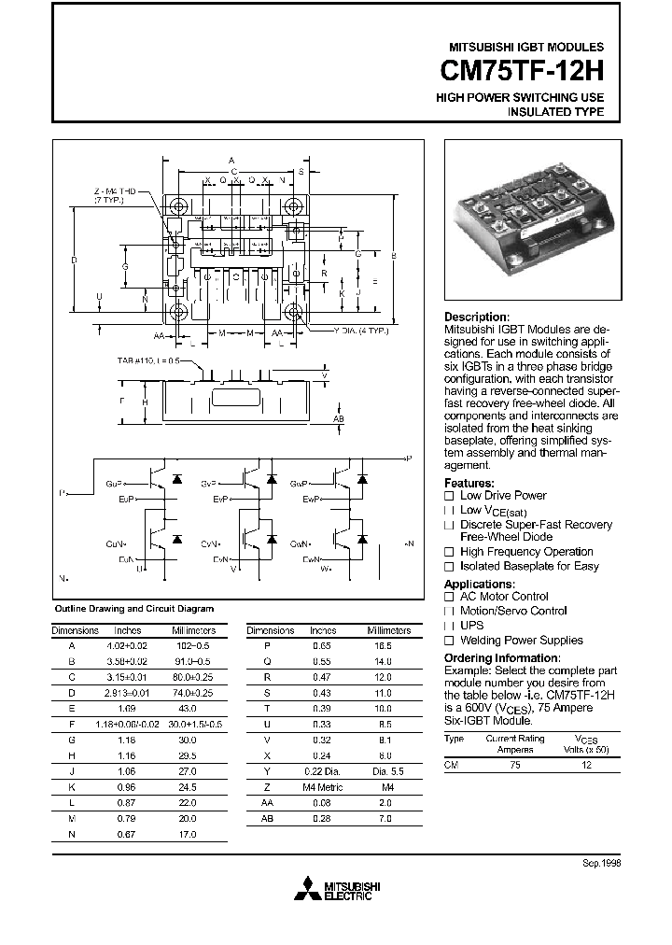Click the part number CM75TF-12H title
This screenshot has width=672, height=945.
point(520,71)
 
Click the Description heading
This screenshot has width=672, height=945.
point(476,317)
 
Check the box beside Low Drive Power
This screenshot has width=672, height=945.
point(449,496)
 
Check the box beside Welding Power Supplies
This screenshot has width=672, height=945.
point(449,641)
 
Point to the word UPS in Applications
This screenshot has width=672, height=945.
point(471,626)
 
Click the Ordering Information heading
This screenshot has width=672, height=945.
point(504,656)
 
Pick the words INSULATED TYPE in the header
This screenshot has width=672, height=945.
point(555,112)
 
